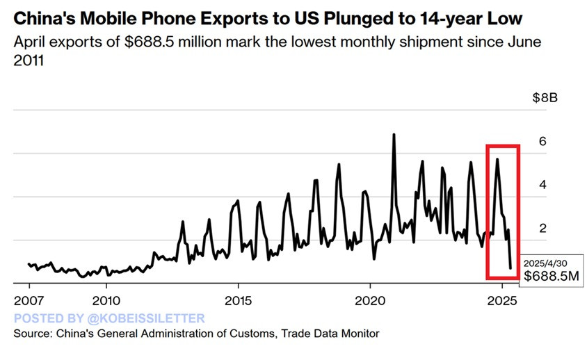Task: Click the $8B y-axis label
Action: tap(545, 97)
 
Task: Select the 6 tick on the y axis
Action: tap(543, 141)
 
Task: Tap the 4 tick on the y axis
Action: tap(543, 185)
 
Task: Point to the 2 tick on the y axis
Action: tap(543, 229)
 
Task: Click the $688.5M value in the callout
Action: tap(552, 277)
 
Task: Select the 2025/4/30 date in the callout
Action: tap(547, 264)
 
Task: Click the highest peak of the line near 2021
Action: tap(394, 134)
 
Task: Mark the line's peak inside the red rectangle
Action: tap(497, 159)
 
